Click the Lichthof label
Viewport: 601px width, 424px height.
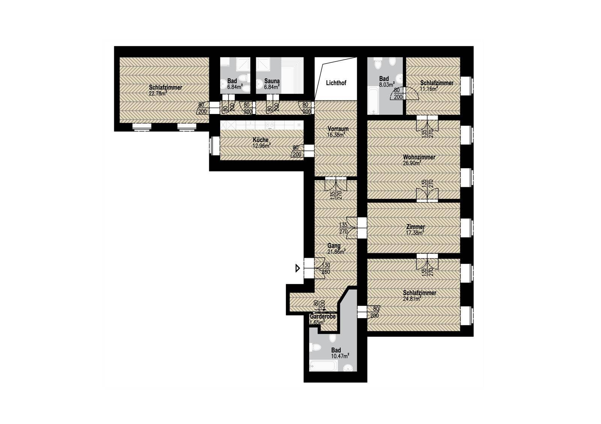[336, 83]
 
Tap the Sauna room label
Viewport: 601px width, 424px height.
[272, 81]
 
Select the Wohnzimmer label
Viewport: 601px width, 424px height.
[419, 157]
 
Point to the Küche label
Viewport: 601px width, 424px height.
[261, 140]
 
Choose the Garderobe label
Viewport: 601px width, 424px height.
[323, 317]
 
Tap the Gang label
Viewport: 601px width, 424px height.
[334, 246]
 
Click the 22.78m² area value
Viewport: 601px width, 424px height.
[158, 93]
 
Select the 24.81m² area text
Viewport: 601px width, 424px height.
[412, 299]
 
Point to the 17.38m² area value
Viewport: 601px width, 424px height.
[415, 233]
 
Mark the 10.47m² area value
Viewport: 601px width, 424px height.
[340, 356]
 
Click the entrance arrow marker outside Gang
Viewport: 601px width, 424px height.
[297, 268]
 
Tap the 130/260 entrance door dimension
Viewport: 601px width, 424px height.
[326, 268]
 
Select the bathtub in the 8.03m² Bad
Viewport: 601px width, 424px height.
[373, 101]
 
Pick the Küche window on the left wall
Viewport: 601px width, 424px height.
[214, 146]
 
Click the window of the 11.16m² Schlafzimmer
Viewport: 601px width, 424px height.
[467, 86]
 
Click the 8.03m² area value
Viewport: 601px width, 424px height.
[387, 85]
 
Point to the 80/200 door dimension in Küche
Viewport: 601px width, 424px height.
[296, 151]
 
